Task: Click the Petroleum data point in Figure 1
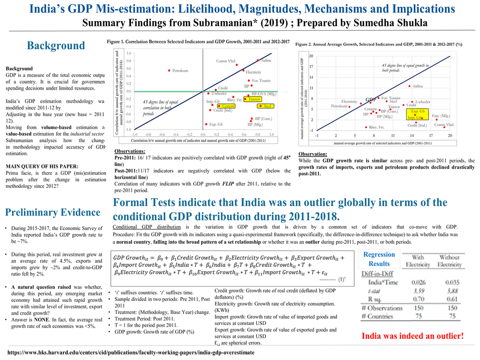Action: coord(169,71)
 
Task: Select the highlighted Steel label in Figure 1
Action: coord(268,106)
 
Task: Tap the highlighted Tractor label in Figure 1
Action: coord(254,99)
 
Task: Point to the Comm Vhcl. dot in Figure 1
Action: coord(236,65)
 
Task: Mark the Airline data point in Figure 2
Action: coord(409,86)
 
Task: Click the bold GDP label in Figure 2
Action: coord(371,100)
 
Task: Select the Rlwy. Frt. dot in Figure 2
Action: coord(366,127)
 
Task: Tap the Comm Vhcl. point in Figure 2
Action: coord(444,127)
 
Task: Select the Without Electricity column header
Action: coord(450,261)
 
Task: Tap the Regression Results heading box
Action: coord(379,259)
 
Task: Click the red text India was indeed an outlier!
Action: coord(413,336)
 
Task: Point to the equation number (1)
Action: coord(342,278)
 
